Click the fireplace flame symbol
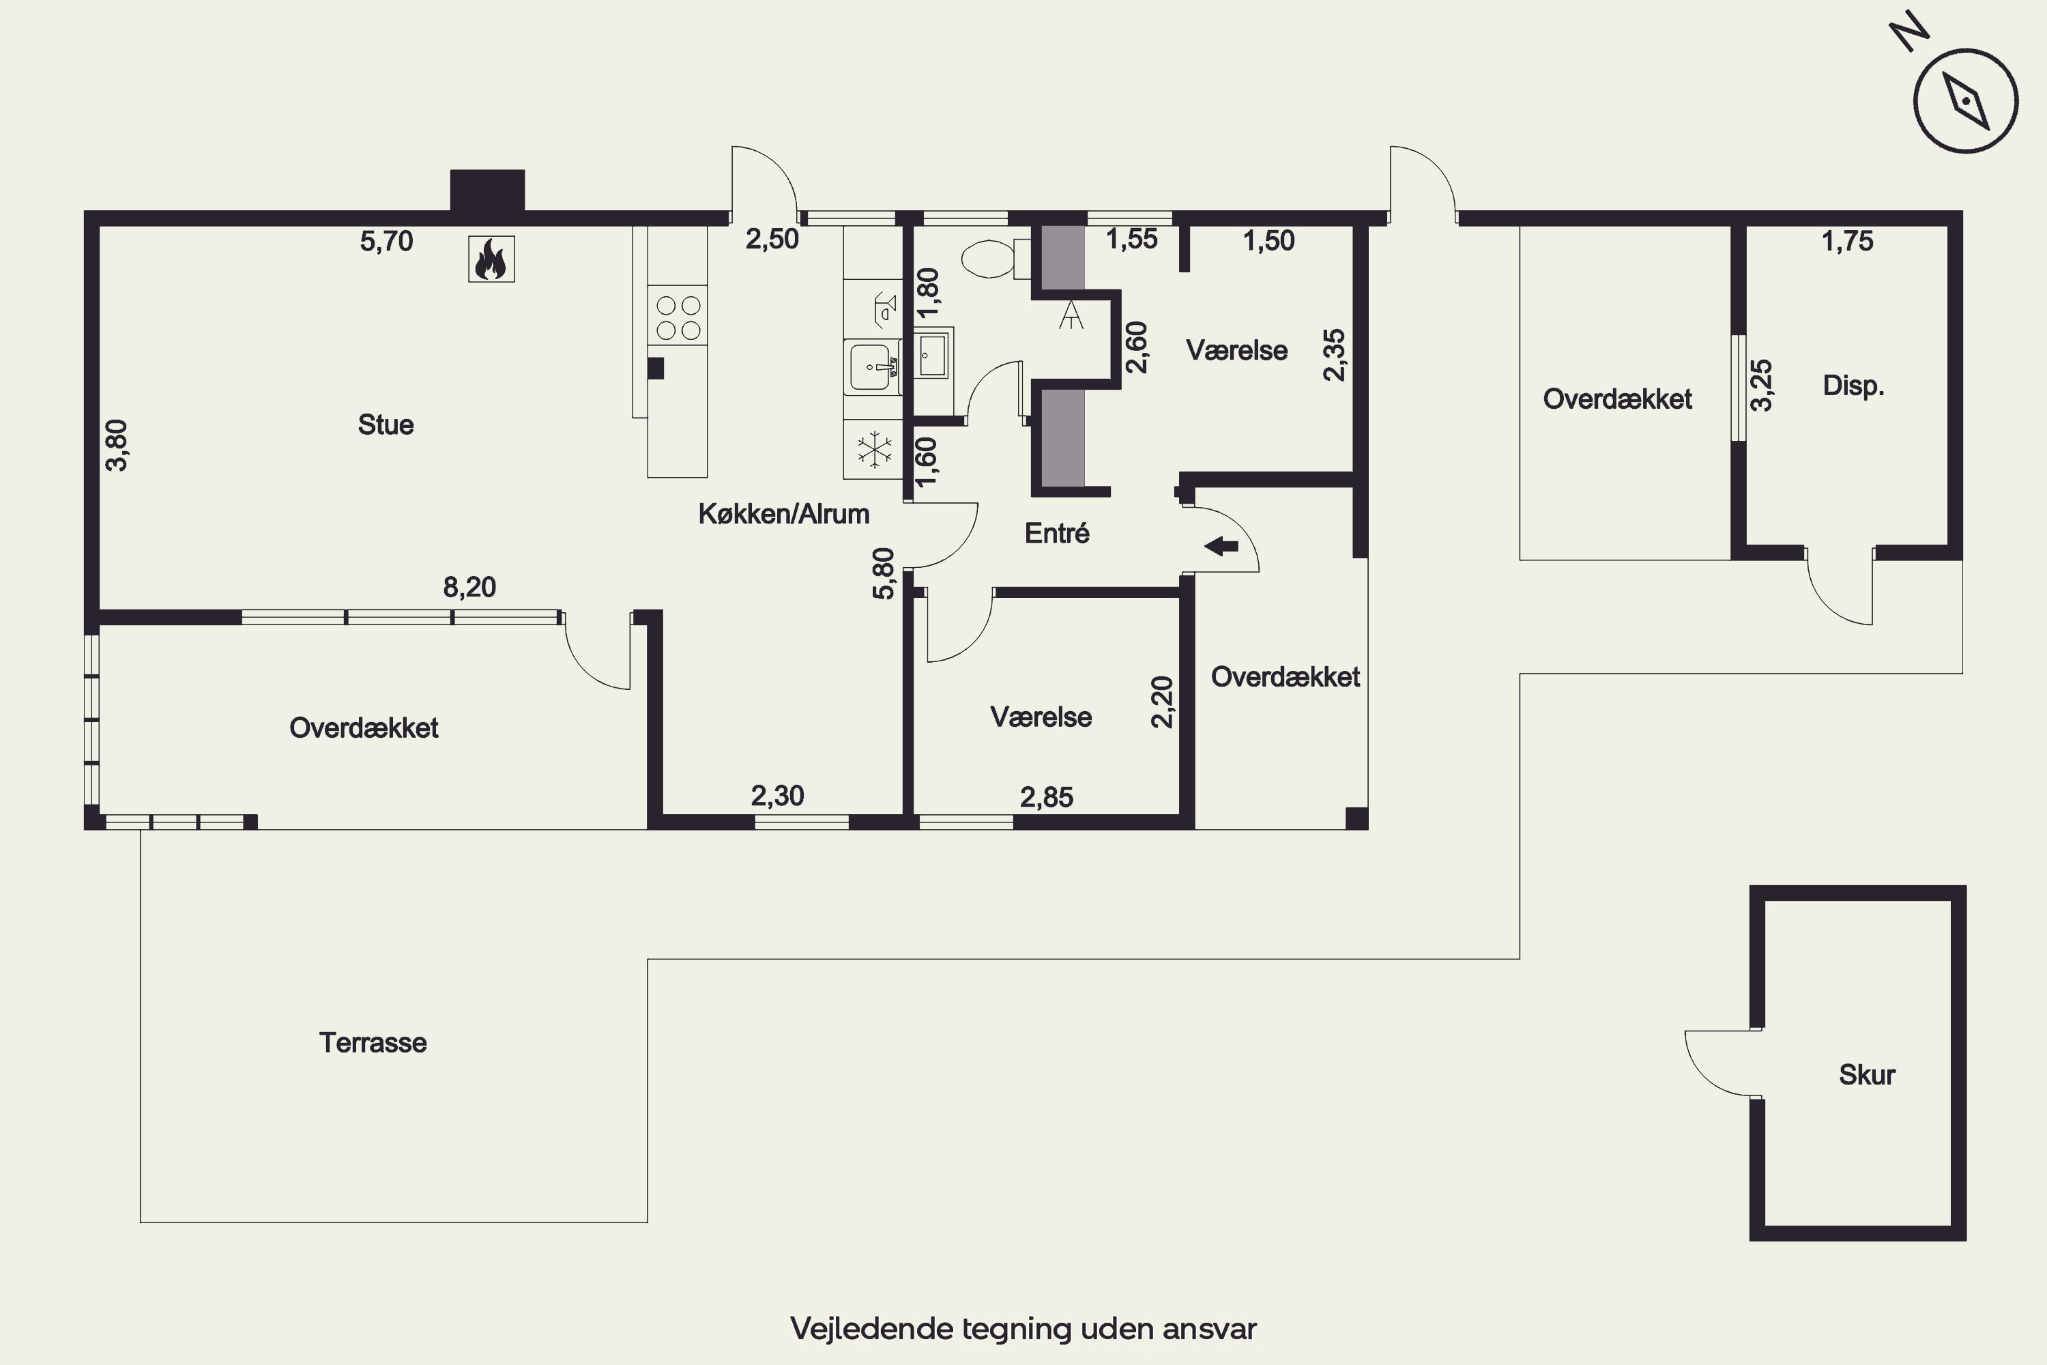[491, 259]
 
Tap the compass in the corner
[1965, 101]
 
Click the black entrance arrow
[1221, 547]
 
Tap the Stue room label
[386, 425]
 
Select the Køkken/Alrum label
[783, 514]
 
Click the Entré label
[1056, 533]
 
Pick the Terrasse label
[373, 1042]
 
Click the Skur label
[1867, 1074]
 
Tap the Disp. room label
[1854, 386]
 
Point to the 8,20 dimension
[469, 587]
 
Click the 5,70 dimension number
[386, 241]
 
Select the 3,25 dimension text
[1760, 385]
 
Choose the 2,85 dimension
[1046, 796]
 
